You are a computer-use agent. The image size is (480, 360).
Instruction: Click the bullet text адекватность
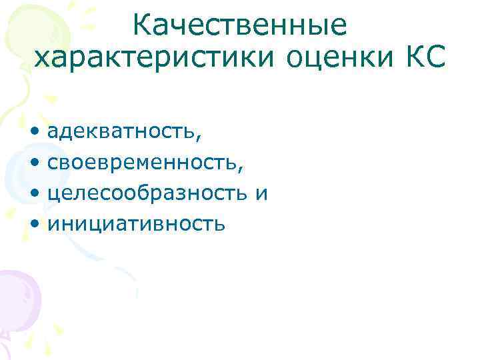120,132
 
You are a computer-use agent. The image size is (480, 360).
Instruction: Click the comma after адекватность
197,137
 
